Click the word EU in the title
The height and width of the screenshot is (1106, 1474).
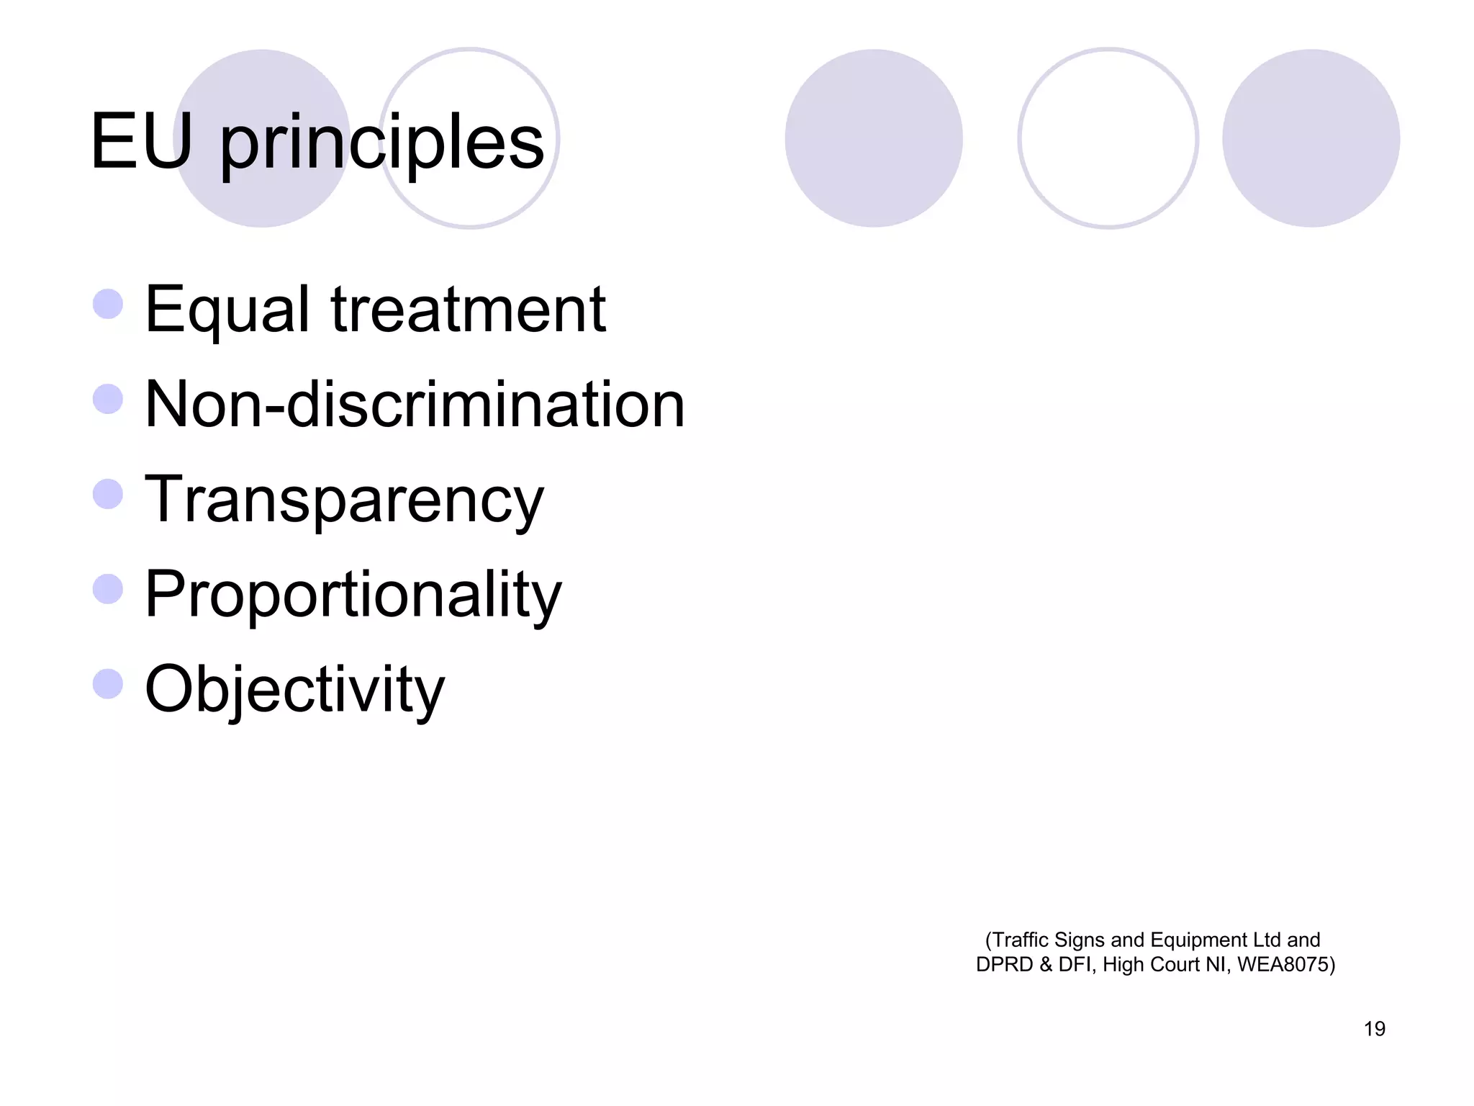click(142, 142)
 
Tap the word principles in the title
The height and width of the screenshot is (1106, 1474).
click(381, 144)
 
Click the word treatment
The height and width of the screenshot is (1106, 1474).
click(468, 310)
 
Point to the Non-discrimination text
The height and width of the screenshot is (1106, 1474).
click(415, 405)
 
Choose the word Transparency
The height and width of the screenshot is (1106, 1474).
click(344, 500)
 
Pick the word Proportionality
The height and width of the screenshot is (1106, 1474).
click(353, 595)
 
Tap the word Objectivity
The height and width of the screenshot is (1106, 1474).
click(295, 690)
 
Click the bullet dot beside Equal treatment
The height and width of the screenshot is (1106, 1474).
click(108, 304)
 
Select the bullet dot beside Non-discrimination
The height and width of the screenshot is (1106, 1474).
click(108, 399)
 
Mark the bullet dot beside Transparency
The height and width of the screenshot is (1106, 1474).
click(108, 494)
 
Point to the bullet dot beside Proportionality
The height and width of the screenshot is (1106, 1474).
click(108, 589)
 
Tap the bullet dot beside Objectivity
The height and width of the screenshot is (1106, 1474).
click(108, 684)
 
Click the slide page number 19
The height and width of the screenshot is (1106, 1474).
click(1374, 1029)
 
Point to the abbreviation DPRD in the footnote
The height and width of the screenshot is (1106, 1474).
click(1005, 965)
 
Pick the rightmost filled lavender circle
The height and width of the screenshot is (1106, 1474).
click(1311, 138)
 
